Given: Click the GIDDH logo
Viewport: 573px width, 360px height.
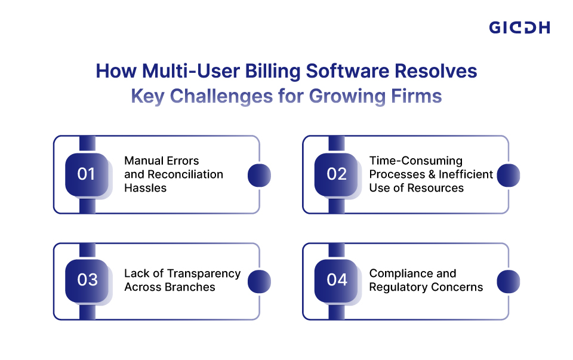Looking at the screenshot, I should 519,27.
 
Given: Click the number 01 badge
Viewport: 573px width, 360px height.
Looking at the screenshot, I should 87,174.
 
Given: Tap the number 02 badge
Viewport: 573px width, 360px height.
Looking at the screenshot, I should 337,174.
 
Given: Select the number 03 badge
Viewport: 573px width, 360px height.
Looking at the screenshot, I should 87,281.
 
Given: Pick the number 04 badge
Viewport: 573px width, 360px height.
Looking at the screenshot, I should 337,281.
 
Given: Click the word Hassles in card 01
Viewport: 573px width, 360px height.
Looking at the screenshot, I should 144,188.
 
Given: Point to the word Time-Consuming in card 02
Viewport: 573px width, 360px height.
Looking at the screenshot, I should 416,161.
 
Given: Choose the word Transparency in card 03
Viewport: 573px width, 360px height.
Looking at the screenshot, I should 204,273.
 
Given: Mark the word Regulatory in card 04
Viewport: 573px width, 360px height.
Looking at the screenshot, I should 399,287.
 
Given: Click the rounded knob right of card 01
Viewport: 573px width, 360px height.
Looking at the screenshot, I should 259,175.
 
